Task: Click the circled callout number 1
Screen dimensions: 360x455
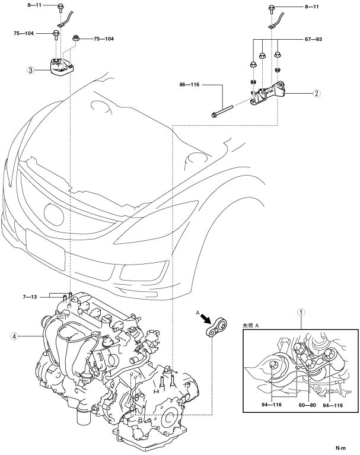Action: coord(301,313)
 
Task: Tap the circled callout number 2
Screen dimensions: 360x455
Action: coord(317,93)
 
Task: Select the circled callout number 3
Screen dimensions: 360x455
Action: coord(30,70)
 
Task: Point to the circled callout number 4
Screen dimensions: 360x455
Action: coord(14,336)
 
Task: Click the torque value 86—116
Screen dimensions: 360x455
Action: coord(189,85)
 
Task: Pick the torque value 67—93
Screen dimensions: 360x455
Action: coord(313,39)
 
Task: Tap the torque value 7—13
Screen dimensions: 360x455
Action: coord(30,297)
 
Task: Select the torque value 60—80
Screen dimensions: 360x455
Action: coord(307,405)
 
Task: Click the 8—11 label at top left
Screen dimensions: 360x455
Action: coord(34,5)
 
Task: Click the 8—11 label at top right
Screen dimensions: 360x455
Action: coord(312,7)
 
